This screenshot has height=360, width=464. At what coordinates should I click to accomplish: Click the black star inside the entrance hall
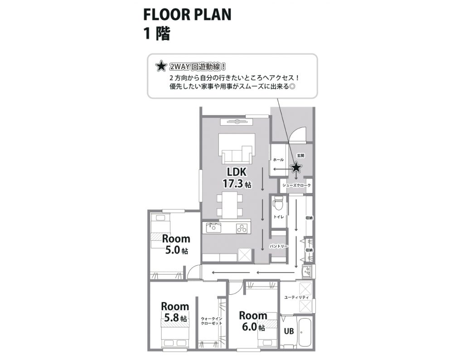pyautogui.click(x=296, y=168)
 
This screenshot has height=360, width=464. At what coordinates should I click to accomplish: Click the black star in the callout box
pyautogui.click(x=160, y=67)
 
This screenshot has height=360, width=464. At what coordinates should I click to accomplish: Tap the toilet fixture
pyautogui.click(x=278, y=203)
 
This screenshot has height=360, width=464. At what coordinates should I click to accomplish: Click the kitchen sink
pyautogui.click(x=213, y=228)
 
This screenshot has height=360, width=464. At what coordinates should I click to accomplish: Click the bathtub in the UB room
pyautogui.click(x=305, y=333)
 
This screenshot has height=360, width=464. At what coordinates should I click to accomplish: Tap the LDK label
pyautogui.click(x=237, y=172)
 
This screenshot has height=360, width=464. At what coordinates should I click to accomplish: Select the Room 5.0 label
pyautogui.click(x=176, y=244)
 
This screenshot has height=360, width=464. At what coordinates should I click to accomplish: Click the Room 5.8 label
pyautogui.click(x=174, y=312)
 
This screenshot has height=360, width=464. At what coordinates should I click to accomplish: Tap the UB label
pyautogui.click(x=289, y=331)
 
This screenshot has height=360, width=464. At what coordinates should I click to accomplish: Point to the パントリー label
pyautogui.click(x=279, y=246)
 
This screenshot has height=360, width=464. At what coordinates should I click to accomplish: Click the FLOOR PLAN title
pyautogui.click(x=187, y=15)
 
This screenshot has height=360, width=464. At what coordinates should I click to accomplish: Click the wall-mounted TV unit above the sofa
pyautogui.click(x=234, y=121)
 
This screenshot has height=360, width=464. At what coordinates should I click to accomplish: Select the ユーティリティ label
pyautogui.click(x=296, y=297)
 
